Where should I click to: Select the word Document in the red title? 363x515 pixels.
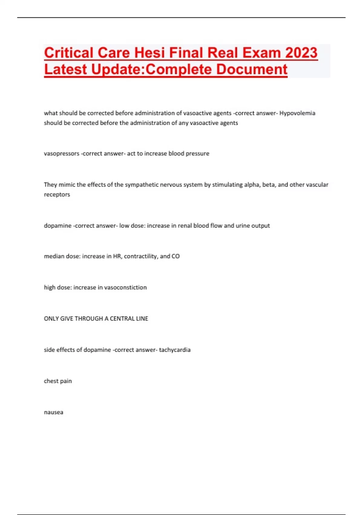[252, 69]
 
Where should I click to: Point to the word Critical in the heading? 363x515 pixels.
[69, 53]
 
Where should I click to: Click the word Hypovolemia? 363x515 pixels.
[297, 113]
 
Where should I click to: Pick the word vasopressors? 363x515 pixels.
[61, 154]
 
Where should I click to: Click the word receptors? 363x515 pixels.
[57, 194]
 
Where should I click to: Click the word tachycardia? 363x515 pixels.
[175, 350]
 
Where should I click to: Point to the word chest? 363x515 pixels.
[51, 381]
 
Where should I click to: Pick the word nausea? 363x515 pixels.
[54, 412]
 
